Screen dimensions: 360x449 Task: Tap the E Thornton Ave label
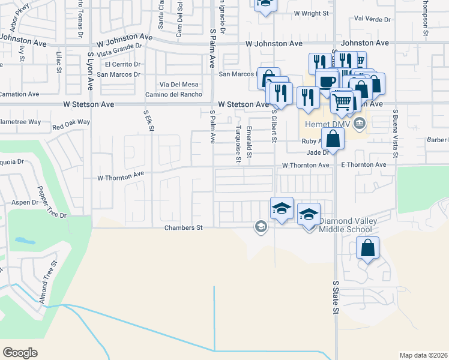[x=364, y=165]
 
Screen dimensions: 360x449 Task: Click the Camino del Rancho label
[x=173, y=94]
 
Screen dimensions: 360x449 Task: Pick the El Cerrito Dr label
[x=122, y=64]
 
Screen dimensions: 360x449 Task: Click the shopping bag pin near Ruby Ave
[x=333, y=139]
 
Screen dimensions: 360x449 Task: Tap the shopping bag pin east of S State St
[x=368, y=247]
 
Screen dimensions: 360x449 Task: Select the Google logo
[x=20, y=352]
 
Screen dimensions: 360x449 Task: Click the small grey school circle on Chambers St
[x=261, y=226]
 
